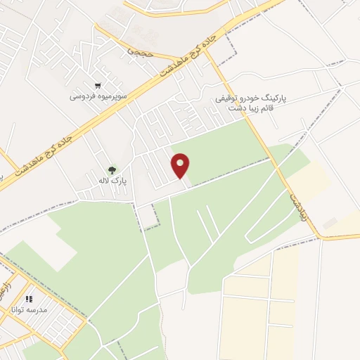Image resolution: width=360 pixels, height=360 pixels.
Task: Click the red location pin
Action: (181, 166)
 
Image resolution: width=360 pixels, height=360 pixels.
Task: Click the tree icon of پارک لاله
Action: (111, 169)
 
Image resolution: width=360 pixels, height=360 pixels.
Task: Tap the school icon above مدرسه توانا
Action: (29, 298)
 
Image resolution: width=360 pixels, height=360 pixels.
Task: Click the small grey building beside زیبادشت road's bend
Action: (330, 223)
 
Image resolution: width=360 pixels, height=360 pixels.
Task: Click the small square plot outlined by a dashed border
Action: (146, 217)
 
